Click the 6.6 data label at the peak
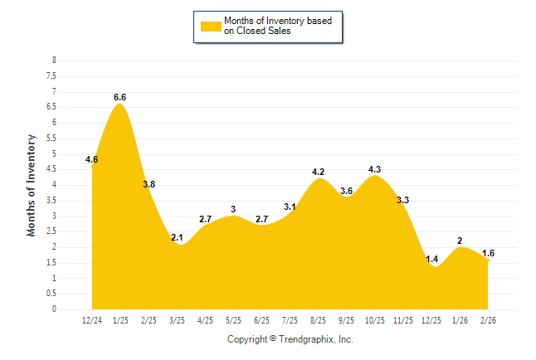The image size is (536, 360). pyautogui.click(x=119, y=97)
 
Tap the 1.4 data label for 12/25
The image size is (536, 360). pyautogui.click(x=431, y=259)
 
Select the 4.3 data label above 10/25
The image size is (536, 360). pyautogui.click(x=374, y=169)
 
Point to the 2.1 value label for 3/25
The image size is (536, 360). pyautogui.click(x=177, y=237)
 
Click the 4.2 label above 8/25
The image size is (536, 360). pyautogui.click(x=318, y=172)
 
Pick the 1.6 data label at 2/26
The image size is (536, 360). pyautogui.click(x=488, y=253)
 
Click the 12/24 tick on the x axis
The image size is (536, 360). pyautogui.click(x=91, y=319)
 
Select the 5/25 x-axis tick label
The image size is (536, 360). pyautogui.click(x=233, y=319)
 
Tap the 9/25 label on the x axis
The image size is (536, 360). pyautogui.click(x=346, y=319)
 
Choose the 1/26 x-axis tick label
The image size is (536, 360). pyautogui.click(x=460, y=319)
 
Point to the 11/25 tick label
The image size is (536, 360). pyautogui.click(x=403, y=319)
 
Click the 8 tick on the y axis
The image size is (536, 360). pyautogui.click(x=54, y=61)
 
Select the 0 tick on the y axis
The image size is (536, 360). pyautogui.click(x=54, y=309)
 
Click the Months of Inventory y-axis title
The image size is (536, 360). pyautogui.click(x=32, y=185)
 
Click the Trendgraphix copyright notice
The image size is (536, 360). pyautogui.click(x=290, y=339)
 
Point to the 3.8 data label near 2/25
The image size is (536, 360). pyautogui.click(x=149, y=184)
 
